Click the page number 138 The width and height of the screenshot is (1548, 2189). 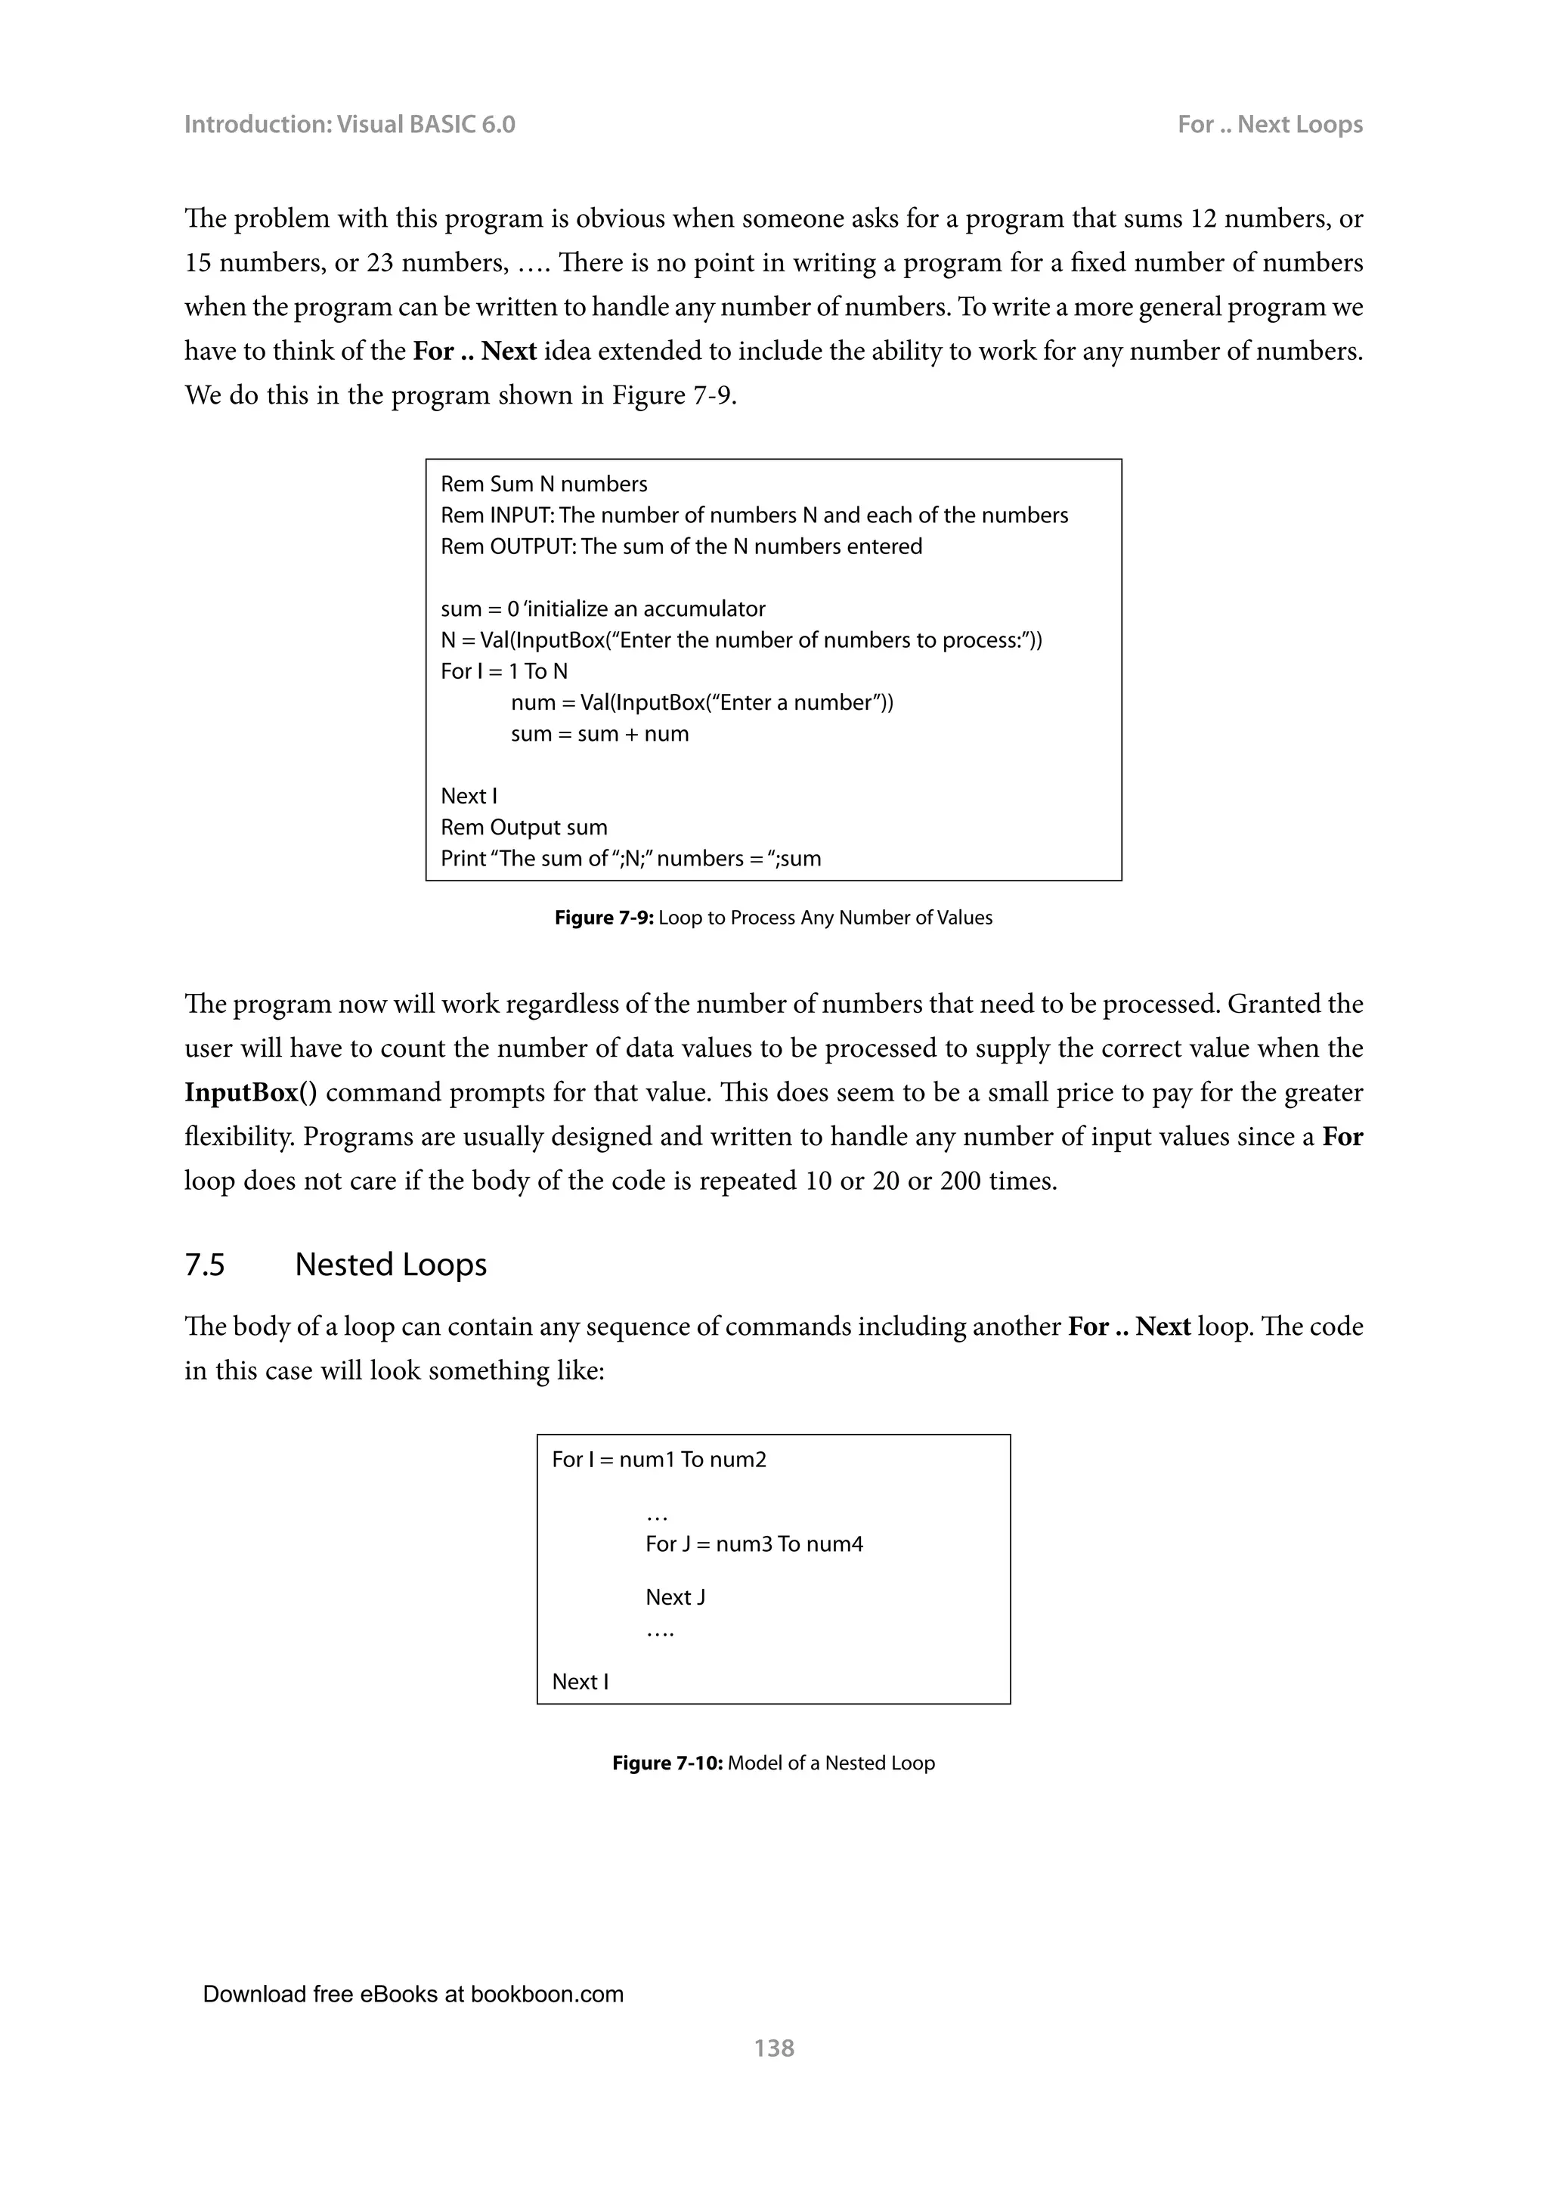(x=773, y=2047)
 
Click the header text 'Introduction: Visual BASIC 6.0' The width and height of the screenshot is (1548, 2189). (x=349, y=125)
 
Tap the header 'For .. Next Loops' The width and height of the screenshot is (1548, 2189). (x=1269, y=125)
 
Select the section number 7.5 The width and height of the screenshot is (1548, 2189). (x=204, y=1265)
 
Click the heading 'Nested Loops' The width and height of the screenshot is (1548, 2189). (x=390, y=1265)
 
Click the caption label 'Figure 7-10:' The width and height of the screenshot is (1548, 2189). (x=667, y=1763)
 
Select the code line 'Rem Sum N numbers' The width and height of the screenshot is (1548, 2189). (x=543, y=485)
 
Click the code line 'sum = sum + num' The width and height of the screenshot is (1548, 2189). (x=599, y=734)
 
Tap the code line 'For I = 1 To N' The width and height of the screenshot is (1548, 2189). (x=503, y=671)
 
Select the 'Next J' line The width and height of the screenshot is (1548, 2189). (x=675, y=1597)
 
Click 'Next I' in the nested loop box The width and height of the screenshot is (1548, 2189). (x=580, y=1682)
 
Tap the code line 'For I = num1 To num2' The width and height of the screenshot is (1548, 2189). (x=658, y=1460)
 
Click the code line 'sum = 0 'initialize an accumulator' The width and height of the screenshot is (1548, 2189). (x=602, y=609)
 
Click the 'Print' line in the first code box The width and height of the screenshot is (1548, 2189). (x=630, y=859)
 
